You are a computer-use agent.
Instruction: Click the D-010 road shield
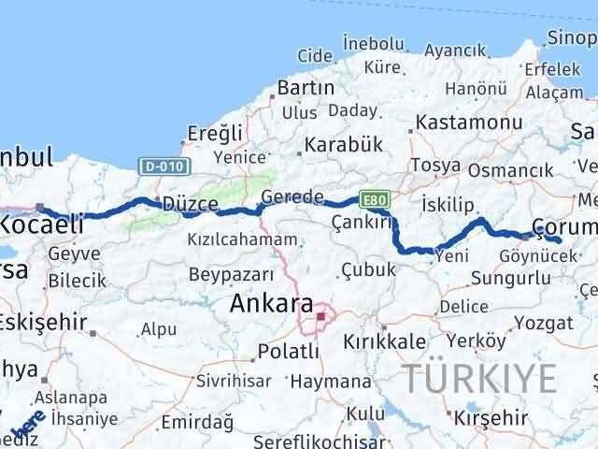165,167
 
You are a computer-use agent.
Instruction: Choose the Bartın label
306,88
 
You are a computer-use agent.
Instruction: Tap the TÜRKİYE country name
480,378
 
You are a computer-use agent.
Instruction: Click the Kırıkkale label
385,341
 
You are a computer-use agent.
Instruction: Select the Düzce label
191,204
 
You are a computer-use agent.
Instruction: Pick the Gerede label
292,197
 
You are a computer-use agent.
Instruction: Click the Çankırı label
360,222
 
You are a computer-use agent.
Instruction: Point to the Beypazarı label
231,274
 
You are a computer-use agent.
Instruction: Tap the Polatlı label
287,355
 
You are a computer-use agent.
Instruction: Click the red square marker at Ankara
320,316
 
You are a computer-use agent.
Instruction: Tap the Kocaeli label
42,224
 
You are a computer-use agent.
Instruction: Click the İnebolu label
374,43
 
